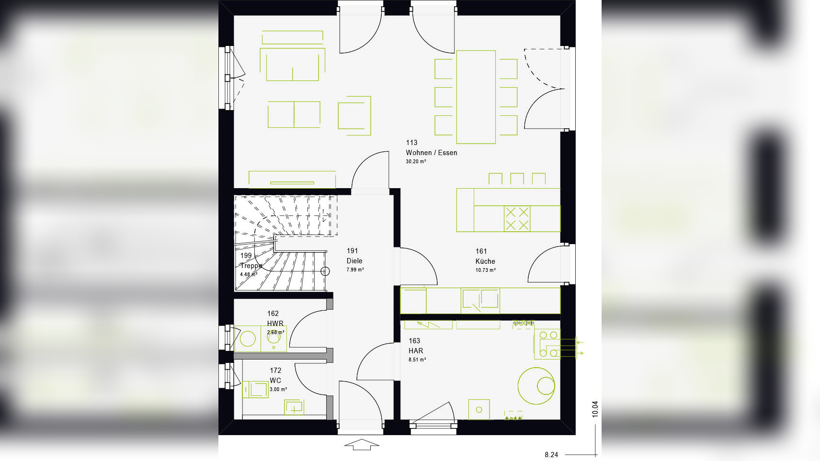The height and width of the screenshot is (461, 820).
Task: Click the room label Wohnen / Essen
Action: (431, 153)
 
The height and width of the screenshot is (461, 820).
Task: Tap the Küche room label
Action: (485, 261)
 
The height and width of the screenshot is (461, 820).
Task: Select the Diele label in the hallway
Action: (354, 261)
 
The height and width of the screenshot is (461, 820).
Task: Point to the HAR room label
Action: (416, 351)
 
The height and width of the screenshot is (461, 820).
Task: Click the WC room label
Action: (275, 381)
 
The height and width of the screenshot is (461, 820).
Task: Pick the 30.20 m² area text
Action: (416, 162)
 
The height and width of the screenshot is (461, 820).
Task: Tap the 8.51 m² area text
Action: (417, 360)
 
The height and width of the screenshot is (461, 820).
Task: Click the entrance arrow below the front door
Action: (362, 445)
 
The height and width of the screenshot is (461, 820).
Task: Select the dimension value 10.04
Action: (595, 409)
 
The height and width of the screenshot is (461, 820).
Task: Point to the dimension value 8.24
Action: (551, 455)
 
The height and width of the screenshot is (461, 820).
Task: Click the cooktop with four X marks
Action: (517, 219)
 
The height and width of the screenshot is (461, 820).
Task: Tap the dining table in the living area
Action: (476, 97)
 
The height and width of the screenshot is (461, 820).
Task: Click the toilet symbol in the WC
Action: (255, 389)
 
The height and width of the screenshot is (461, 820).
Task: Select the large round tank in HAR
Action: (536, 386)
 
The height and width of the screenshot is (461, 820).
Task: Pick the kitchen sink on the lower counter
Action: (480, 300)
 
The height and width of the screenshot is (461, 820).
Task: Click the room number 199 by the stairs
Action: (246, 256)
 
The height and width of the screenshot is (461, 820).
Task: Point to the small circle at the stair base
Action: (325, 271)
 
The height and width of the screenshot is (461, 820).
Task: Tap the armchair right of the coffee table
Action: (354, 115)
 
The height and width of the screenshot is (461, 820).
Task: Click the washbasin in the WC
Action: (294, 407)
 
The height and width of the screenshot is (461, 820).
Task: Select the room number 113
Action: (411, 143)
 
